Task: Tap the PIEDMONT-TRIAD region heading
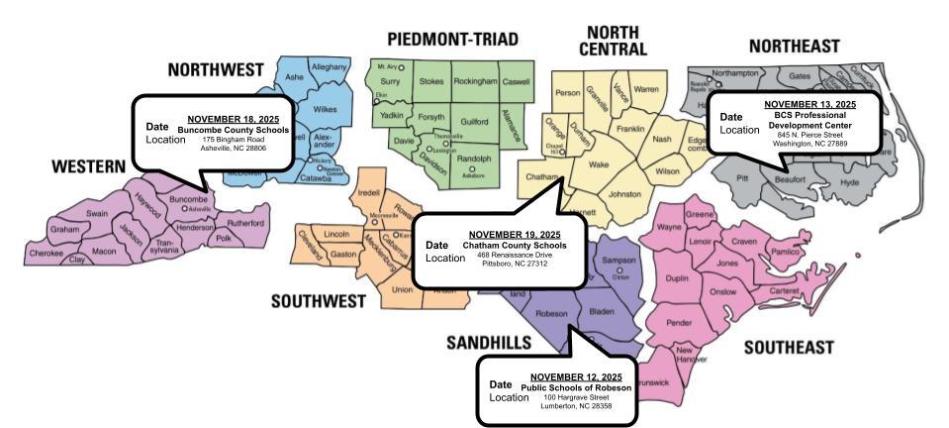(x=452, y=39)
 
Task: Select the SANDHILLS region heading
(x=489, y=343)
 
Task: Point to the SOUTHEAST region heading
(x=788, y=347)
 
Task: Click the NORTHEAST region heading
(x=794, y=46)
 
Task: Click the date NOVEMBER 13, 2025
(x=809, y=104)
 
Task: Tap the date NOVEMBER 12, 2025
(x=575, y=376)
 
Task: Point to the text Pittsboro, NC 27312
(x=514, y=265)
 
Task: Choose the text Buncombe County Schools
(x=234, y=129)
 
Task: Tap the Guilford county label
(x=476, y=120)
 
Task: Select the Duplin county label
(x=677, y=279)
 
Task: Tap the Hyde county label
(x=848, y=183)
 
